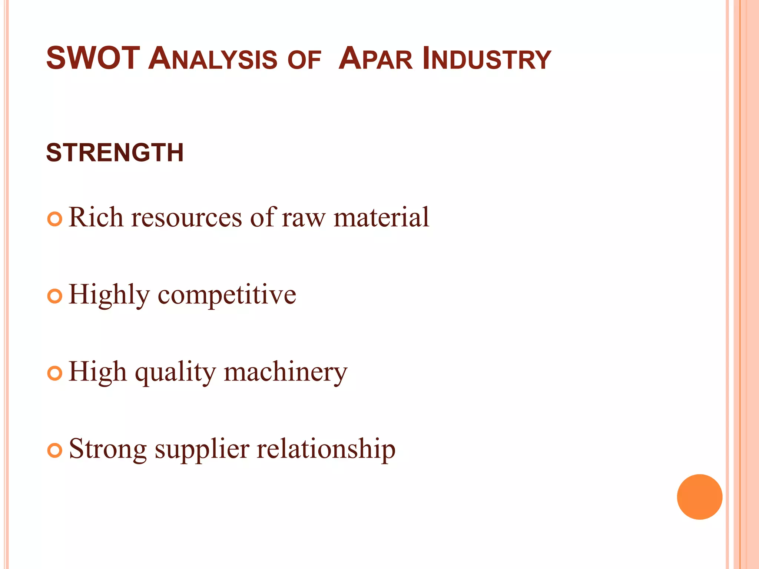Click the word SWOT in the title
(x=93, y=58)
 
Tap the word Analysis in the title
(x=213, y=59)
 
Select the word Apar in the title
(x=375, y=59)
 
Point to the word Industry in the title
(x=487, y=59)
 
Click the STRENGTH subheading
(x=115, y=153)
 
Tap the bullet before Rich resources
(x=55, y=219)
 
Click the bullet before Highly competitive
(x=55, y=296)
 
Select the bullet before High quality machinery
(x=55, y=373)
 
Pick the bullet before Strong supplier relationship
(x=55, y=450)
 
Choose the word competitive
(x=227, y=296)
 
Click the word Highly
(x=109, y=296)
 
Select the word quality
(x=175, y=373)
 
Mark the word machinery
(x=286, y=373)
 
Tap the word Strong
(x=108, y=450)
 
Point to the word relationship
(x=326, y=450)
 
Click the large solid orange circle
(x=699, y=497)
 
